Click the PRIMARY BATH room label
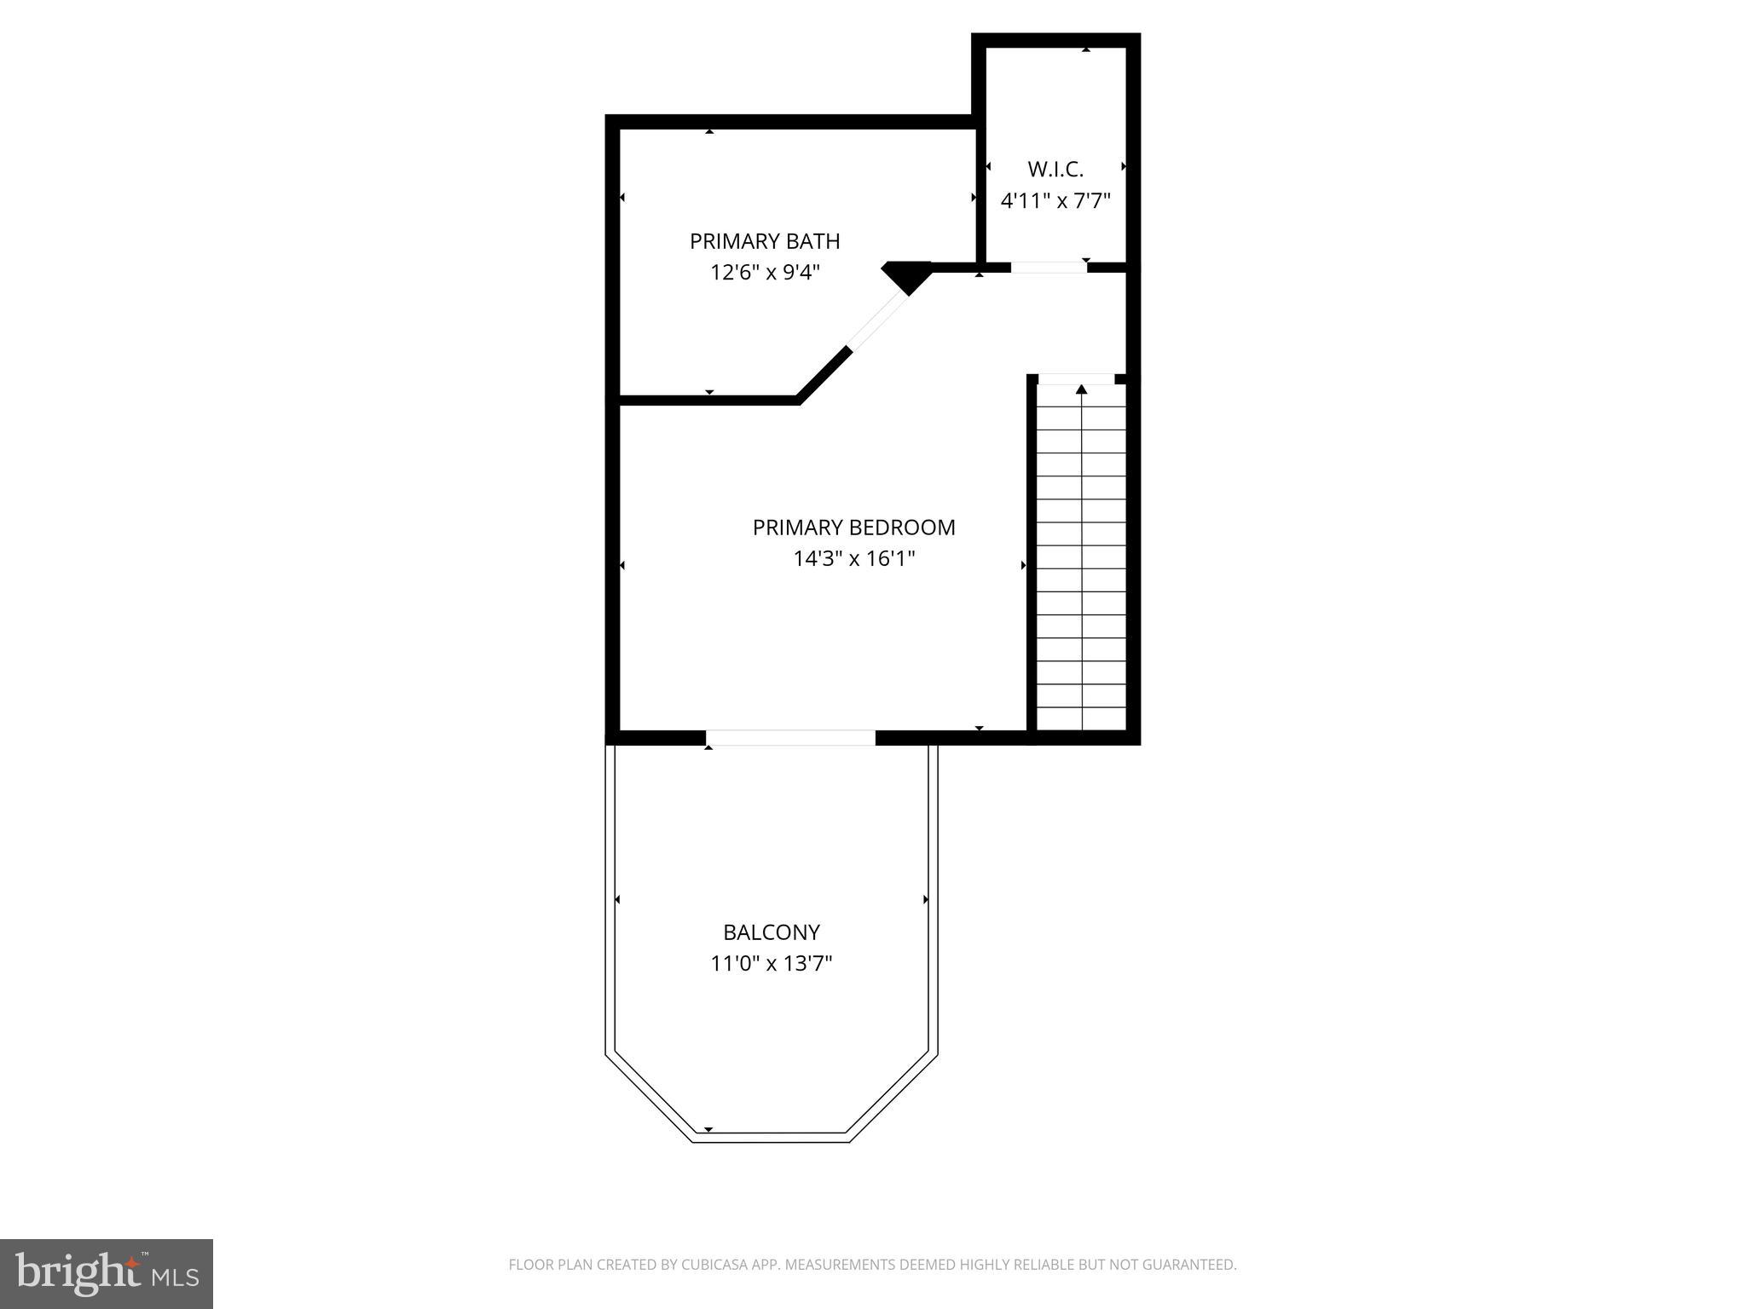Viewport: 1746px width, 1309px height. (x=765, y=241)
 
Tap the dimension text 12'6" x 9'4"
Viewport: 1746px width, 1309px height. (x=765, y=273)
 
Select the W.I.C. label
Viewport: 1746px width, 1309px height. (x=1055, y=169)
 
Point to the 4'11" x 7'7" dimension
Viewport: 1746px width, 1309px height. (x=1055, y=201)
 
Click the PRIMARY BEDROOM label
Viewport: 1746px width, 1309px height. (x=853, y=528)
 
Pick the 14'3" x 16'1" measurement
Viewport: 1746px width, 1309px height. (x=853, y=559)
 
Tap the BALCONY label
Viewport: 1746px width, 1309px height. (x=772, y=932)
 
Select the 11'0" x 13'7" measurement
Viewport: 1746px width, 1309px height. (x=772, y=964)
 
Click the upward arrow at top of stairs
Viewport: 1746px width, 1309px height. (x=1081, y=390)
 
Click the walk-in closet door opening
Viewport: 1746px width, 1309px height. (x=1049, y=268)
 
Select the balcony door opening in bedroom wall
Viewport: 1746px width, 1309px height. (x=790, y=738)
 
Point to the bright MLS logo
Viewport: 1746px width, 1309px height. (x=107, y=1273)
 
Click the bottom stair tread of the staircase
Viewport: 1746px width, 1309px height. (x=1081, y=719)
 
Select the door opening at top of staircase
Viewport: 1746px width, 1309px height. (x=1076, y=379)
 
